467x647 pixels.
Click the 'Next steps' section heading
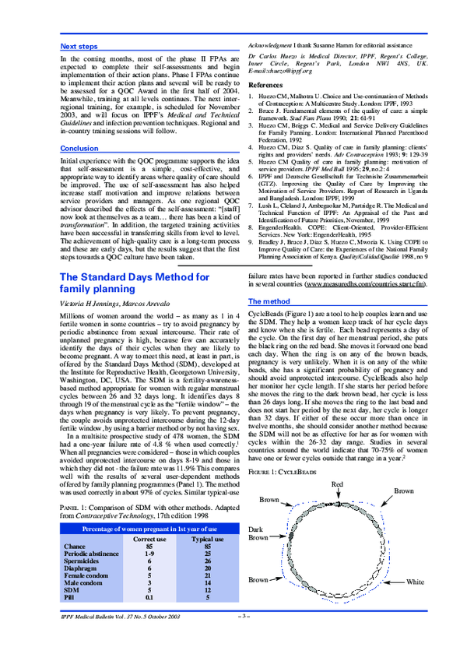pos(79,47)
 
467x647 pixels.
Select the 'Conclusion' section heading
pos(79,148)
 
